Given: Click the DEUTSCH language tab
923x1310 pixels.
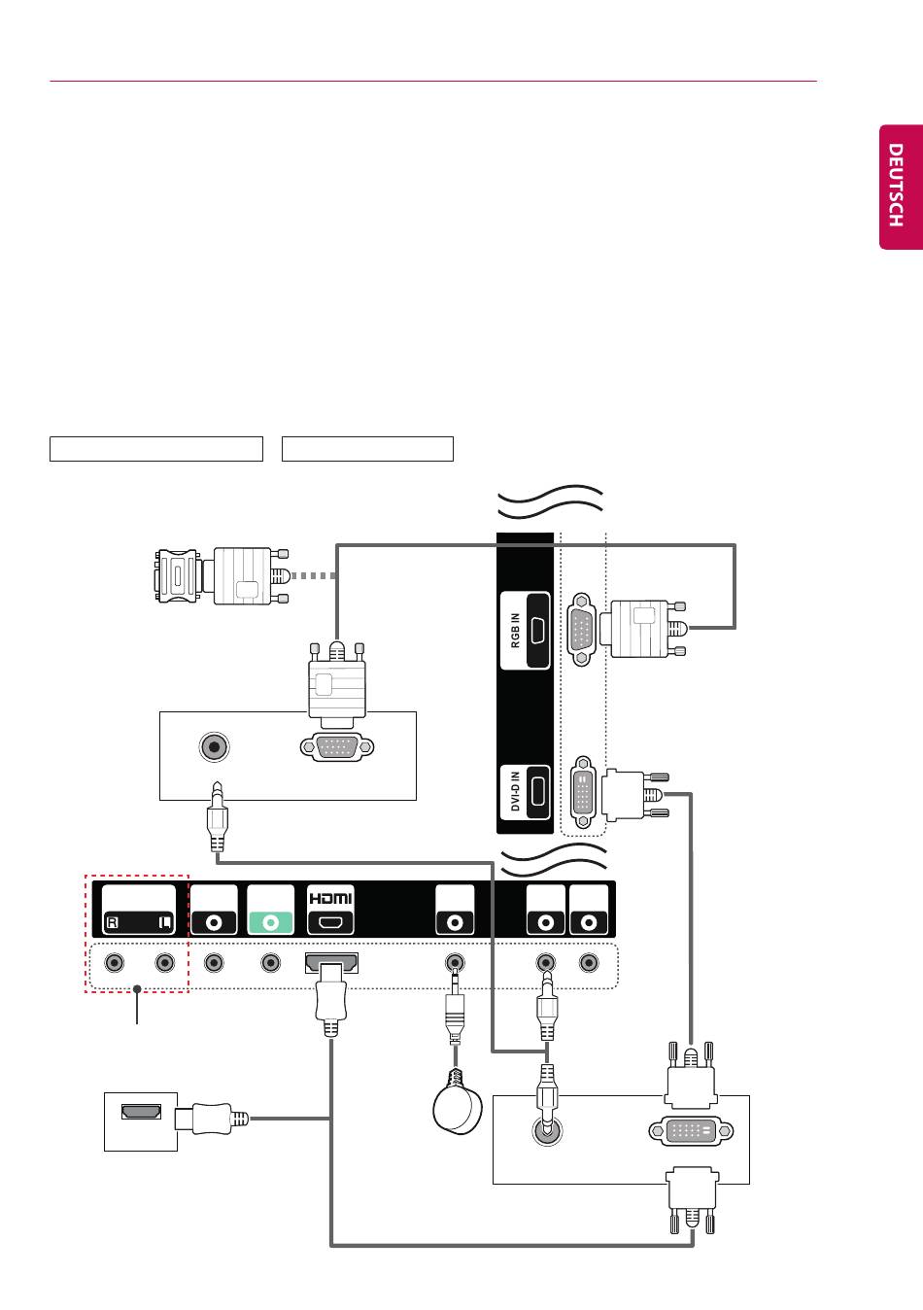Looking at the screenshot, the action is [901, 187].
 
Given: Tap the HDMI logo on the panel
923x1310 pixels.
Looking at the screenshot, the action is [331, 898].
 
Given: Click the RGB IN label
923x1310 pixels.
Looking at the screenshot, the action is [515, 631].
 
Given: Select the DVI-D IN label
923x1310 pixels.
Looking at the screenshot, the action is [515, 791].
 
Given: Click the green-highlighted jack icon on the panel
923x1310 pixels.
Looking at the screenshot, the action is [270, 923].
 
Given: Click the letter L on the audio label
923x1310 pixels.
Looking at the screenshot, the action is [165, 923].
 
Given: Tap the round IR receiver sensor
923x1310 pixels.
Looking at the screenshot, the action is [458, 1110].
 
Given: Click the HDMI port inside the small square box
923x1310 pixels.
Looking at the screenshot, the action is [141, 1111].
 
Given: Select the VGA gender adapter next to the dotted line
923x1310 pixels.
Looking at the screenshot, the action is [178, 575].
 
